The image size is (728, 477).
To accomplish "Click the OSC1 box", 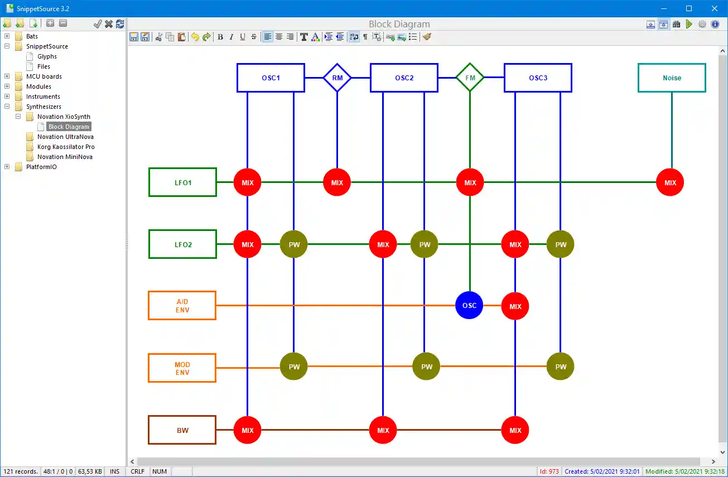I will (271, 78).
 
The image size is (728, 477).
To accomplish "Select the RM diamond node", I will (337, 78).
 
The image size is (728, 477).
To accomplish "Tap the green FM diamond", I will (470, 78).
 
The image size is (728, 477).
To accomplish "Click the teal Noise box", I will (672, 78).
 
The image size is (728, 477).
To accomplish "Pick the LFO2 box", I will (182, 244).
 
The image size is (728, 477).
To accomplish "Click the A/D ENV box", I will (182, 306).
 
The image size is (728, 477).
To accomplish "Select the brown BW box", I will (182, 430).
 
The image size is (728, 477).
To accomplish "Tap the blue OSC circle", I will (469, 305).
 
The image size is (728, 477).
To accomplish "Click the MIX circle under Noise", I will (670, 182).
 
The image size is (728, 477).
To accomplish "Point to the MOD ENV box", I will (182, 368).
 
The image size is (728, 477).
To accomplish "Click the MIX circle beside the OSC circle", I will (515, 306).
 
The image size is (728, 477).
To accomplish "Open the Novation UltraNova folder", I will (65, 137).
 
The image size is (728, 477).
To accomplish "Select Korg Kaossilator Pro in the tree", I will (66, 147).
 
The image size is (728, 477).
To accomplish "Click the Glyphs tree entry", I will (47, 56).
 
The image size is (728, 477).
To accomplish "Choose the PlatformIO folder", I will (41, 167).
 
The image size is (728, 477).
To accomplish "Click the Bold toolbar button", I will (220, 37).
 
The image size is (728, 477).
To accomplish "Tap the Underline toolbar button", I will (243, 37).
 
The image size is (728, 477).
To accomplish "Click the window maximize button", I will (689, 8).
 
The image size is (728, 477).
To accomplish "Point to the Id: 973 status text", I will (549, 471).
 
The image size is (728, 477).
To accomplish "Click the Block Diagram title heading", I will (399, 24).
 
